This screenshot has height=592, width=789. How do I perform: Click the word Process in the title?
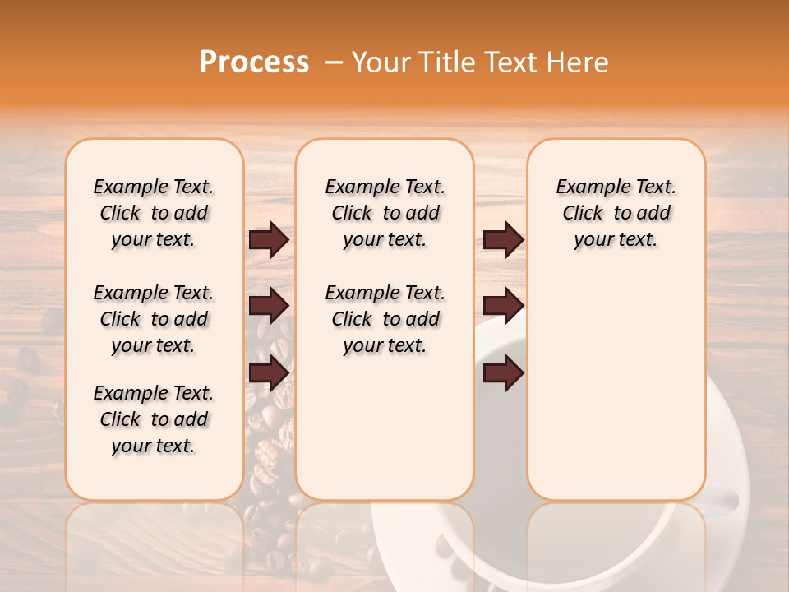point(254,62)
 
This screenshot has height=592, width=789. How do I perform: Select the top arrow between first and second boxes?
point(269,240)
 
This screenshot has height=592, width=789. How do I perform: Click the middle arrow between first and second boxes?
point(269,307)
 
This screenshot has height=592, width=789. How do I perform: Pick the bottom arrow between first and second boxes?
point(269,373)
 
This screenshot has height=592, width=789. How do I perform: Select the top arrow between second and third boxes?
point(503,240)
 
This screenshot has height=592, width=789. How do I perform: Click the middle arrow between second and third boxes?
point(503,307)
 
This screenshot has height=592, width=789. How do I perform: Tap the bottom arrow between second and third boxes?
point(503,373)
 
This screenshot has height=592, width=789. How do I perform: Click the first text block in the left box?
point(154,213)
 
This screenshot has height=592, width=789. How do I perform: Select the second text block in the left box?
point(154,319)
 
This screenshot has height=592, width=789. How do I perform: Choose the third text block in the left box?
point(154,419)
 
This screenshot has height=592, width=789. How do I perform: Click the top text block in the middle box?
point(385,213)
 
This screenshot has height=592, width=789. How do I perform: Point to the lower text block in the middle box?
point(385,319)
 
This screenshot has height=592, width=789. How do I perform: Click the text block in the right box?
point(616,213)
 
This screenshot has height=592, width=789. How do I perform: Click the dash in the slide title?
point(334,62)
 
